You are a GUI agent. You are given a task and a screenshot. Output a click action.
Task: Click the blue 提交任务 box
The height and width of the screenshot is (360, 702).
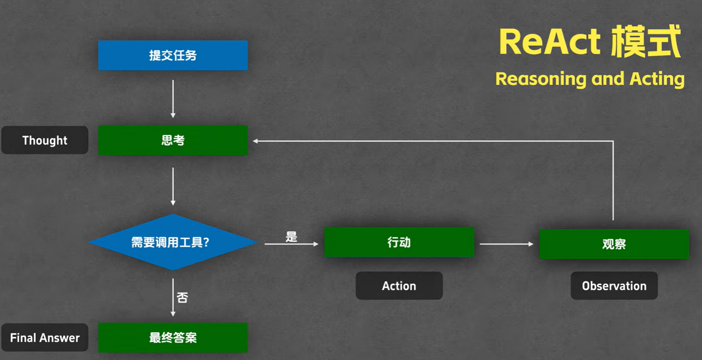173,55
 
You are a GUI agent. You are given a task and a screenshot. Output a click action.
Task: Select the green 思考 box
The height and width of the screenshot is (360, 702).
173,140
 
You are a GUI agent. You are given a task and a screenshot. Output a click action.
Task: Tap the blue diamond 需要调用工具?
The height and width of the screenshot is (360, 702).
173,242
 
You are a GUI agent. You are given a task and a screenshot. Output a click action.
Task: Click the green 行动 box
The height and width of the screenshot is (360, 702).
399,242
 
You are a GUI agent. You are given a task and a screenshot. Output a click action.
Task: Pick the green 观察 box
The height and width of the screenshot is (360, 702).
614,244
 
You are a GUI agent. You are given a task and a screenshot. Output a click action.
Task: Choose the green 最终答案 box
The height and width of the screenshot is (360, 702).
173,338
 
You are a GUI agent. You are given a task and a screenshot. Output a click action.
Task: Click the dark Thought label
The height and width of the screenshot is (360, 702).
45,140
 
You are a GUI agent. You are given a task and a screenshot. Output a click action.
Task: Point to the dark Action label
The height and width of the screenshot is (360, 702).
399,286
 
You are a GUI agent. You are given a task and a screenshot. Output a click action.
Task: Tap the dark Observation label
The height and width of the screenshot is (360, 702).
614,286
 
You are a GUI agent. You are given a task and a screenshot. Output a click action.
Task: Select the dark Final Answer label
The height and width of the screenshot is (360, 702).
45,338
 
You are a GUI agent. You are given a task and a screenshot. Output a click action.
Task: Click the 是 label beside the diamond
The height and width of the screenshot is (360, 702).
291,237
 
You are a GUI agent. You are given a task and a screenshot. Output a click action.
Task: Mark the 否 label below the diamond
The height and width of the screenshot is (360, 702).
182,298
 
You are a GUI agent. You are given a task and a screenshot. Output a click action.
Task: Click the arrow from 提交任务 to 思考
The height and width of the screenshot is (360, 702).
173,98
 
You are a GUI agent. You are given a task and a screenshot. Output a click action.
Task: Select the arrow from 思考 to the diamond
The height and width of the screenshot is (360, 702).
173,186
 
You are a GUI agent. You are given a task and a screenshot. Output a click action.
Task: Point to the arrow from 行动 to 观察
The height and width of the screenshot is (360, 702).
506,244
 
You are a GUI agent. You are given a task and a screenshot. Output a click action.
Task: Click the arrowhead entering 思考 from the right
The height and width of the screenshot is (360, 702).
256,141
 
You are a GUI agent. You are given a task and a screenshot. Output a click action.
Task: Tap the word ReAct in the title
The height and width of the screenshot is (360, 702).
549,42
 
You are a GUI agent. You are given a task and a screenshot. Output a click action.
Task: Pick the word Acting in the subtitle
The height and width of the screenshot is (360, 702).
657,79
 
